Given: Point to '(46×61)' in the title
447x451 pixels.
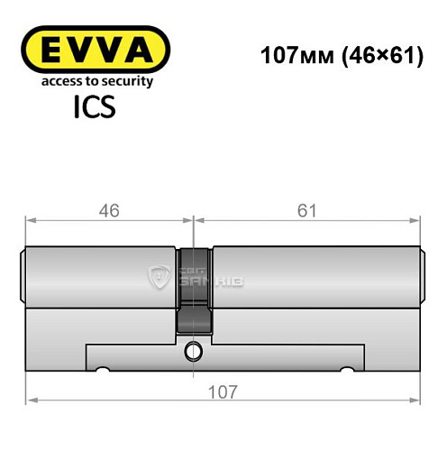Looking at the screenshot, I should [x=370, y=53].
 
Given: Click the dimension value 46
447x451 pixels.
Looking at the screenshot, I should [x=108, y=210].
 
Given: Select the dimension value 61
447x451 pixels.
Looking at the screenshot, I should [x=309, y=210].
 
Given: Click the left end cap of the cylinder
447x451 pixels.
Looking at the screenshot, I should [x=23, y=276].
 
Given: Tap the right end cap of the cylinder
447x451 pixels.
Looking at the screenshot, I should [x=421, y=276].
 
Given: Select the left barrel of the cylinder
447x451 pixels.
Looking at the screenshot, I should [x=99, y=276].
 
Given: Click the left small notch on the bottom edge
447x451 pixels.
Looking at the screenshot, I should [x=104, y=370].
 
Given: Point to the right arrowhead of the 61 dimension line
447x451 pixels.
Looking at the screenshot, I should [x=417, y=219].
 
